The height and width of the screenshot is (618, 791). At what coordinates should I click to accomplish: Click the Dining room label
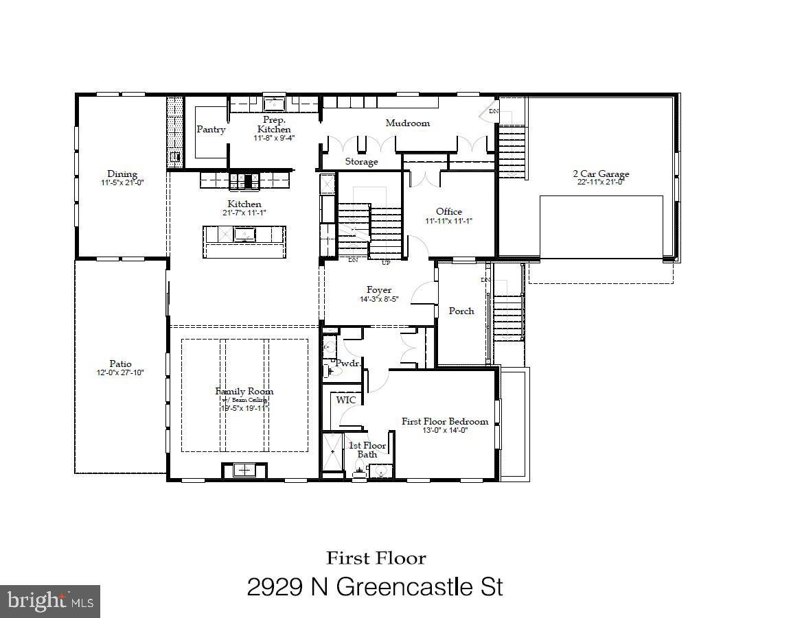[122, 174]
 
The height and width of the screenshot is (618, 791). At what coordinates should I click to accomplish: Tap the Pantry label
[211, 129]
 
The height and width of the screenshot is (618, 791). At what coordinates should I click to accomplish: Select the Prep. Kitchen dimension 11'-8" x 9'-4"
[274, 138]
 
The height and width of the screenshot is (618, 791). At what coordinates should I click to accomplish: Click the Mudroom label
[407, 123]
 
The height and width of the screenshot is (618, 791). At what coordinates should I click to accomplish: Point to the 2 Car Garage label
[601, 174]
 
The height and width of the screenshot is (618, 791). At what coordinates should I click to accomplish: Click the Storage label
[361, 162]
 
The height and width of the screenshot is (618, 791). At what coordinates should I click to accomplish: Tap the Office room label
[449, 211]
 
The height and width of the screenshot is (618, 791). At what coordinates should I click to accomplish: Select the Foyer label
[379, 290]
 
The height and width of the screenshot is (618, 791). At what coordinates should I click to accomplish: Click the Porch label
[461, 311]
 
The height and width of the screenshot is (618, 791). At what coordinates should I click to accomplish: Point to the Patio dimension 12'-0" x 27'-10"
[120, 372]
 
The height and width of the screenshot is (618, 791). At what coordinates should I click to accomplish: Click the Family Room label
[244, 391]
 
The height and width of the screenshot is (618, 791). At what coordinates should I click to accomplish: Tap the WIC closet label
[345, 399]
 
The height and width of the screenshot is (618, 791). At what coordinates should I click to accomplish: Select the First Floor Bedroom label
[445, 421]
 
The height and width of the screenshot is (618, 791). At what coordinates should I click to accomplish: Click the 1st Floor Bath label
[367, 449]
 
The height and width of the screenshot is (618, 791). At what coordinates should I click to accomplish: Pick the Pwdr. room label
[347, 363]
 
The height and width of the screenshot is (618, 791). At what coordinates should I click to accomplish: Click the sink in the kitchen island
[244, 235]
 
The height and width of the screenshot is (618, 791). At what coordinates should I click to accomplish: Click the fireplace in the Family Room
[244, 470]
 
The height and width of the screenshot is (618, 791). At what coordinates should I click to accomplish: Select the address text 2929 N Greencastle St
[375, 587]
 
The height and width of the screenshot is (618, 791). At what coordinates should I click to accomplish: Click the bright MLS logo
[50, 601]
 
